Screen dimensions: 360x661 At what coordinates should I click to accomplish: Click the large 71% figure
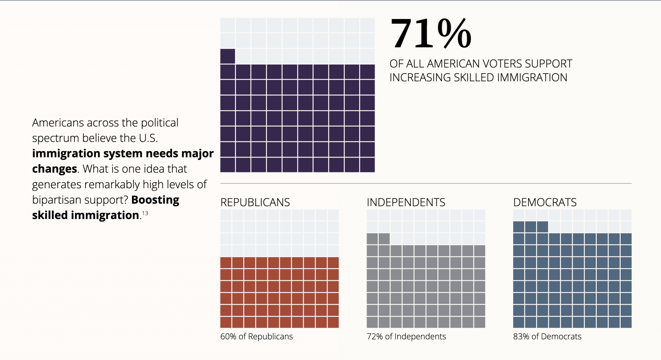pos(431,34)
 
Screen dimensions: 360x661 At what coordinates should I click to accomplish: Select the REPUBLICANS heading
pos(255,202)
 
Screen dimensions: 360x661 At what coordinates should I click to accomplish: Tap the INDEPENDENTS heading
pos(406,202)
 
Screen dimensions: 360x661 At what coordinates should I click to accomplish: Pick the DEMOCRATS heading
pos(545,202)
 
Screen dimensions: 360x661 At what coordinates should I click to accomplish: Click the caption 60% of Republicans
pos(257,336)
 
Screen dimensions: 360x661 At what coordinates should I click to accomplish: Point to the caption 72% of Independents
pos(406,336)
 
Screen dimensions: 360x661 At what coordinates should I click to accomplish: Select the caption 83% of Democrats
pos(547,336)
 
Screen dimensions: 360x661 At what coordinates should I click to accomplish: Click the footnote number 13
pos(145,213)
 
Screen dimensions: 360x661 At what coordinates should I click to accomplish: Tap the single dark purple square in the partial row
pos(228,56)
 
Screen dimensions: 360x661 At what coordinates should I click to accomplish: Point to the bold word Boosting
pos(155,200)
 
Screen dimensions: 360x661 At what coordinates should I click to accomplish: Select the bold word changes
pos(54,169)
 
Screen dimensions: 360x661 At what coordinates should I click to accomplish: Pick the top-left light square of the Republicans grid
pos(226,215)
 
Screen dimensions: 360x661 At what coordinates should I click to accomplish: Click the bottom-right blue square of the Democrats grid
pos(626,322)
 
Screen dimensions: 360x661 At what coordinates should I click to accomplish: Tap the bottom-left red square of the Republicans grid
pos(226,322)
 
